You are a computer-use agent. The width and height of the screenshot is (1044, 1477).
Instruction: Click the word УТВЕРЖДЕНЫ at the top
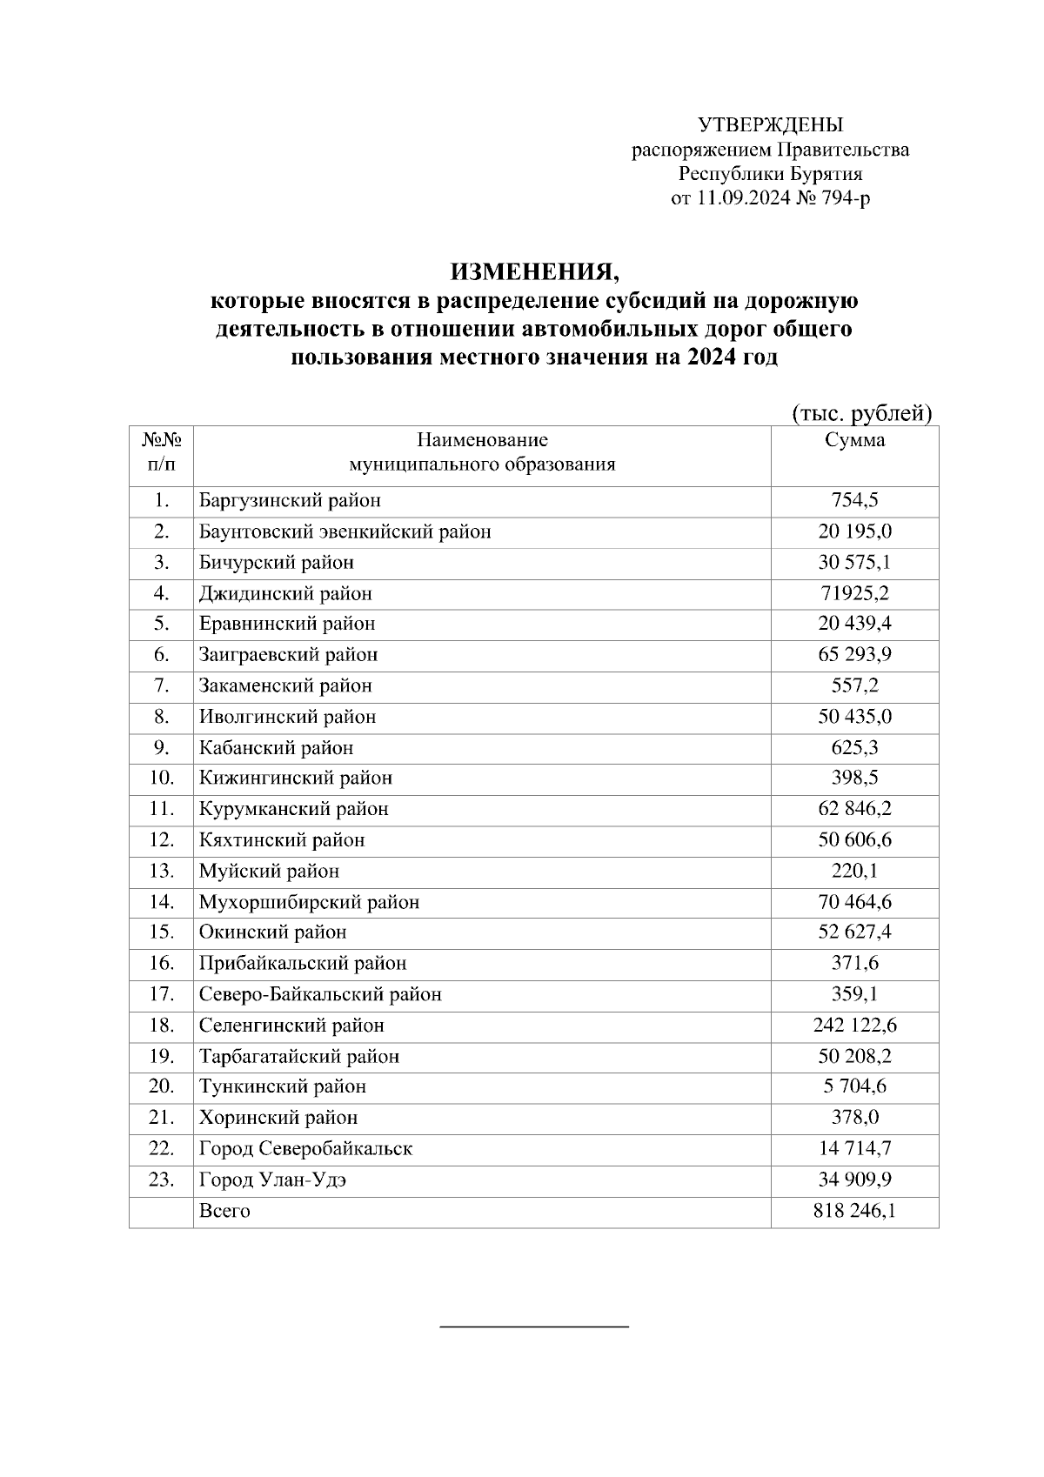[770, 124]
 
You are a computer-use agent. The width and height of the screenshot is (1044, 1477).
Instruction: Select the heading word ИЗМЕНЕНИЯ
[535, 272]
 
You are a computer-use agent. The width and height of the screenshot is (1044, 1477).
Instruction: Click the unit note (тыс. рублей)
[861, 413]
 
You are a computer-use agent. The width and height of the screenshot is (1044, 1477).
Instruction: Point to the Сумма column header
[854, 440]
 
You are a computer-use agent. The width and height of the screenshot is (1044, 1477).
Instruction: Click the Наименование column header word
[482, 440]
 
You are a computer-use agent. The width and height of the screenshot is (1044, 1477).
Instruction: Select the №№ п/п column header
[161, 451]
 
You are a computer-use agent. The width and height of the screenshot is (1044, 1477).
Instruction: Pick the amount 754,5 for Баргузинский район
[854, 501]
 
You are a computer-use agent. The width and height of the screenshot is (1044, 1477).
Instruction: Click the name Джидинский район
[285, 594]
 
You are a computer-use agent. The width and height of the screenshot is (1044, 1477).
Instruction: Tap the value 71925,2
[854, 594]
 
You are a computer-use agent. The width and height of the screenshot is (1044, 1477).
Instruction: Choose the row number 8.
[161, 718]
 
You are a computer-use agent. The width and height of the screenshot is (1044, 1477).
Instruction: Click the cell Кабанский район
[276, 748]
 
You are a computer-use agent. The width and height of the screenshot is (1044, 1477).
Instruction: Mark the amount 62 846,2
[854, 810]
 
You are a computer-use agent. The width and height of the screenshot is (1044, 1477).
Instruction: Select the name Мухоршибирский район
[309, 903]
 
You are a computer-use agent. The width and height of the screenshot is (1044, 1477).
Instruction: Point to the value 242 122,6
[854, 1026]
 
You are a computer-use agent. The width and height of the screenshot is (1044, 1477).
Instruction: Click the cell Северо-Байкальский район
[320, 995]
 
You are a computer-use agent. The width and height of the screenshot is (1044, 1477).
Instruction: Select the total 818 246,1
[854, 1212]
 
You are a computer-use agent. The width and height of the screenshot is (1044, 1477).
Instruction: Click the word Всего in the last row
[224, 1212]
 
